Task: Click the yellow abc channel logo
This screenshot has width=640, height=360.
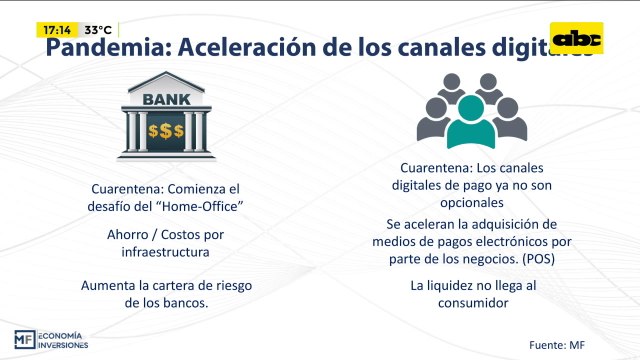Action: tap(577, 38)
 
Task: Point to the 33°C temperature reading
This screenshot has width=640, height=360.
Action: tap(98, 30)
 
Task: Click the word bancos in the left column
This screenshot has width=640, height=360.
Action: tap(187, 303)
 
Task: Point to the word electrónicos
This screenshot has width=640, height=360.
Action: tap(505, 241)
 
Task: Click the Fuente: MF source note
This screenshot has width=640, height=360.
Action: tap(557, 345)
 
